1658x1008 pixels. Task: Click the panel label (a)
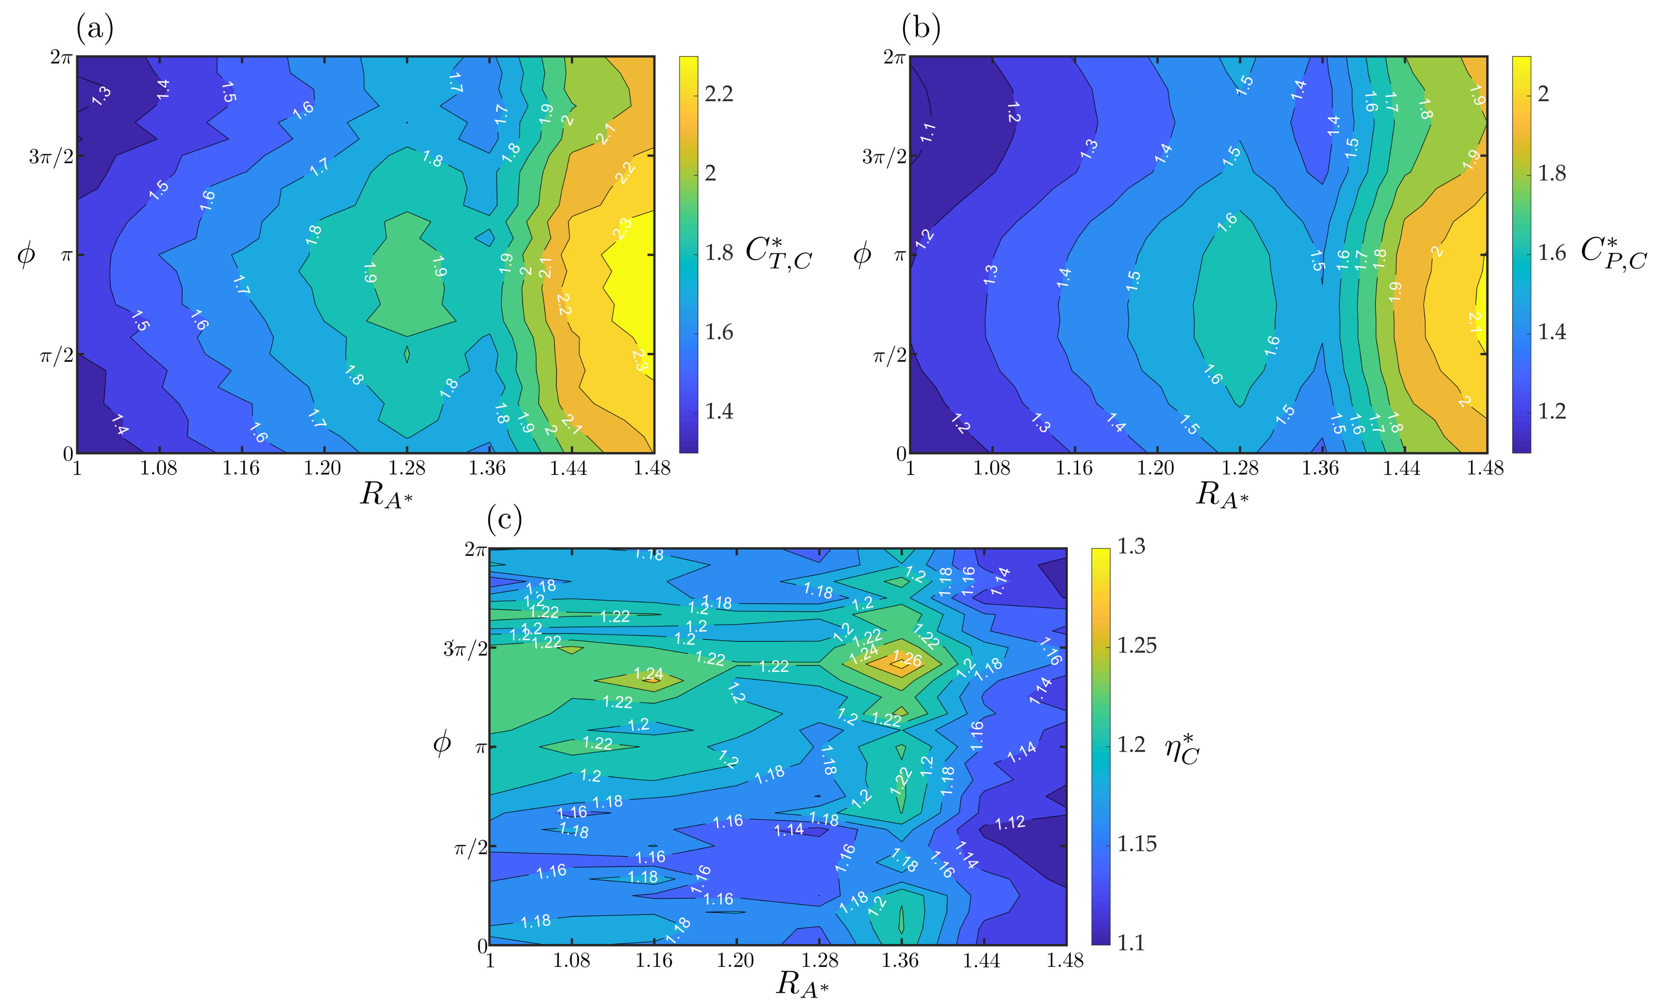tap(95, 29)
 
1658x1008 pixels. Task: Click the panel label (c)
tap(504, 519)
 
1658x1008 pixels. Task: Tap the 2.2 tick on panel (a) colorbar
tap(719, 93)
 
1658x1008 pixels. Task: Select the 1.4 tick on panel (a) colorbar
tap(719, 411)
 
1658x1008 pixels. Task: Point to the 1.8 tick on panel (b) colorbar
tap(1552, 173)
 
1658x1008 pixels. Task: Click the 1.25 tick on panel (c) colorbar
tap(1137, 645)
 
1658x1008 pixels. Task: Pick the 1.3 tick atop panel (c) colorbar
tap(1131, 546)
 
